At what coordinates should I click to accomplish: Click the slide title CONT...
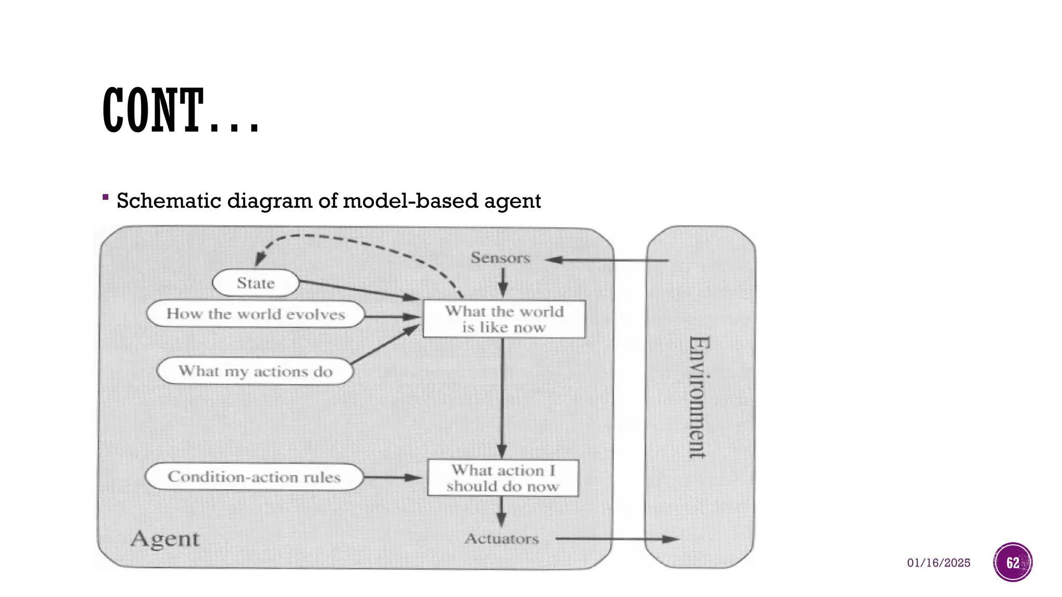click(x=180, y=110)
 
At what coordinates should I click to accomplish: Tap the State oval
click(x=256, y=283)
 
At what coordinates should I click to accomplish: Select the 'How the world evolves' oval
click(x=255, y=314)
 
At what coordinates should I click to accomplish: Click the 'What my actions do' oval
click(x=255, y=371)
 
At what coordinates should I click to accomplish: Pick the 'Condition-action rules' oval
click(x=254, y=477)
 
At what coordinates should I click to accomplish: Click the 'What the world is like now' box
click(x=504, y=319)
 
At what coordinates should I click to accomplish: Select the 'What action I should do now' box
click(x=502, y=478)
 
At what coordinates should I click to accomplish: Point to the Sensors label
click(x=500, y=258)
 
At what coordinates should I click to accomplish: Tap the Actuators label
click(x=501, y=539)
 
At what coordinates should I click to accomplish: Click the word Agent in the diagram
click(x=165, y=539)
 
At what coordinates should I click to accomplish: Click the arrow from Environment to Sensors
click(x=607, y=260)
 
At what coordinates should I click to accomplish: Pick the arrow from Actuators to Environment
click(x=617, y=539)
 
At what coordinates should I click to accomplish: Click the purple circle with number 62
click(x=1012, y=562)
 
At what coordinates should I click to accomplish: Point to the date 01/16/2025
click(x=938, y=563)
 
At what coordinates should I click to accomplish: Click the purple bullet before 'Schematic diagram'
click(x=106, y=197)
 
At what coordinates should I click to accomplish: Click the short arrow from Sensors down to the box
click(x=502, y=282)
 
